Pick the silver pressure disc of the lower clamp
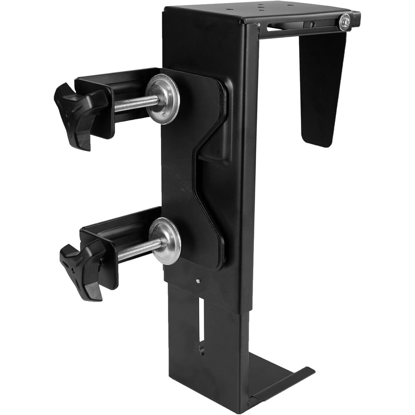pos(166,240)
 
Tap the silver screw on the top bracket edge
pos(344,22)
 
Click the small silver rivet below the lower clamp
pos(198,281)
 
